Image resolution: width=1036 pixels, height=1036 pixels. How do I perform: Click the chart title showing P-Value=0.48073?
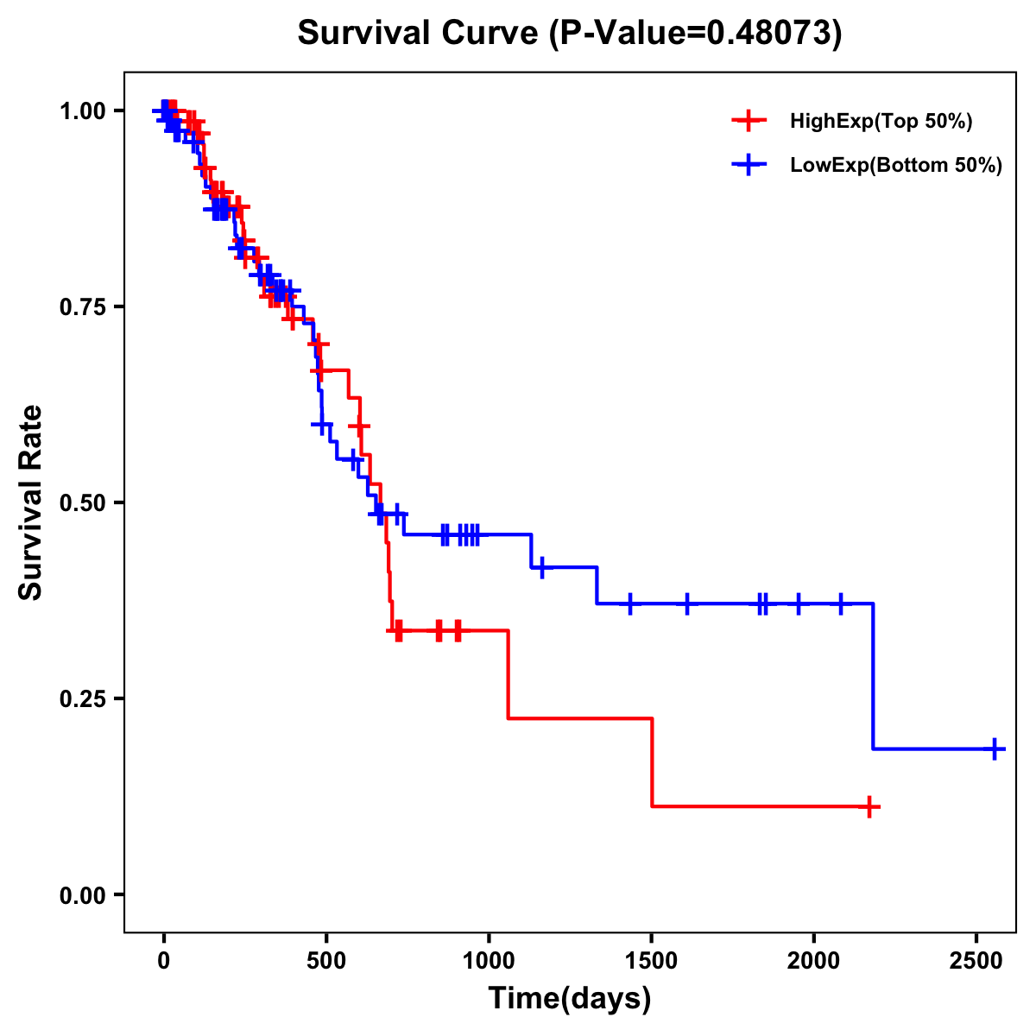tap(569, 33)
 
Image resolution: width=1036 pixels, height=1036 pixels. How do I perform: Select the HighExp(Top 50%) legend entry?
tap(881, 122)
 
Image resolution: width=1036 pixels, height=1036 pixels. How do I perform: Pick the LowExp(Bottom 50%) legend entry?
tap(895, 165)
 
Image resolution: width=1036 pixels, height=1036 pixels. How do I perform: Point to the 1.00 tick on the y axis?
tap(82, 111)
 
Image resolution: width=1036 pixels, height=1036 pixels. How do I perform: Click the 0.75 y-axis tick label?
tap(82, 306)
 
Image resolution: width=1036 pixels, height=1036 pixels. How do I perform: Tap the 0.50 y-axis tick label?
tap(82, 502)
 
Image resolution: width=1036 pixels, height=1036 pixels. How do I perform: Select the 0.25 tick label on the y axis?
tap(82, 698)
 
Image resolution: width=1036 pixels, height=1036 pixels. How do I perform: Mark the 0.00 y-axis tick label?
tap(82, 894)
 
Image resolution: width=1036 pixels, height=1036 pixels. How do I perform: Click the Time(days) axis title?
tap(570, 999)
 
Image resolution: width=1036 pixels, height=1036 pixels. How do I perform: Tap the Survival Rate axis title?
tap(31, 502)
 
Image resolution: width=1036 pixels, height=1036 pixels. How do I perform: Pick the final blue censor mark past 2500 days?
tap(995, 749)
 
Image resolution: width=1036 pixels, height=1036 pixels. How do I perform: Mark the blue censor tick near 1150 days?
tap(541, 567)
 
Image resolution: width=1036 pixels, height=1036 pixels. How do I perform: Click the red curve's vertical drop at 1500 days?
tap(652, 762)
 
